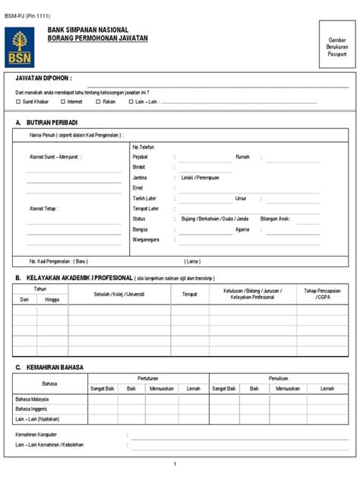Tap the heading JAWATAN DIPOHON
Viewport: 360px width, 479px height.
(43, 79)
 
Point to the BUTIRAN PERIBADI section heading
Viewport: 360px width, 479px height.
(52, 122)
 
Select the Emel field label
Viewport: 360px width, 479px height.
(137, 188)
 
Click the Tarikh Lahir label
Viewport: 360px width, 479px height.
(144, 198)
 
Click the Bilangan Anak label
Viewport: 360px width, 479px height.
(279, 219)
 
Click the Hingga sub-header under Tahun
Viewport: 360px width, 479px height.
(52, 300)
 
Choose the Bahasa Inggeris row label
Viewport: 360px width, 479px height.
(33, 408)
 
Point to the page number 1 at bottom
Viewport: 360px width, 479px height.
(175, 464)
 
